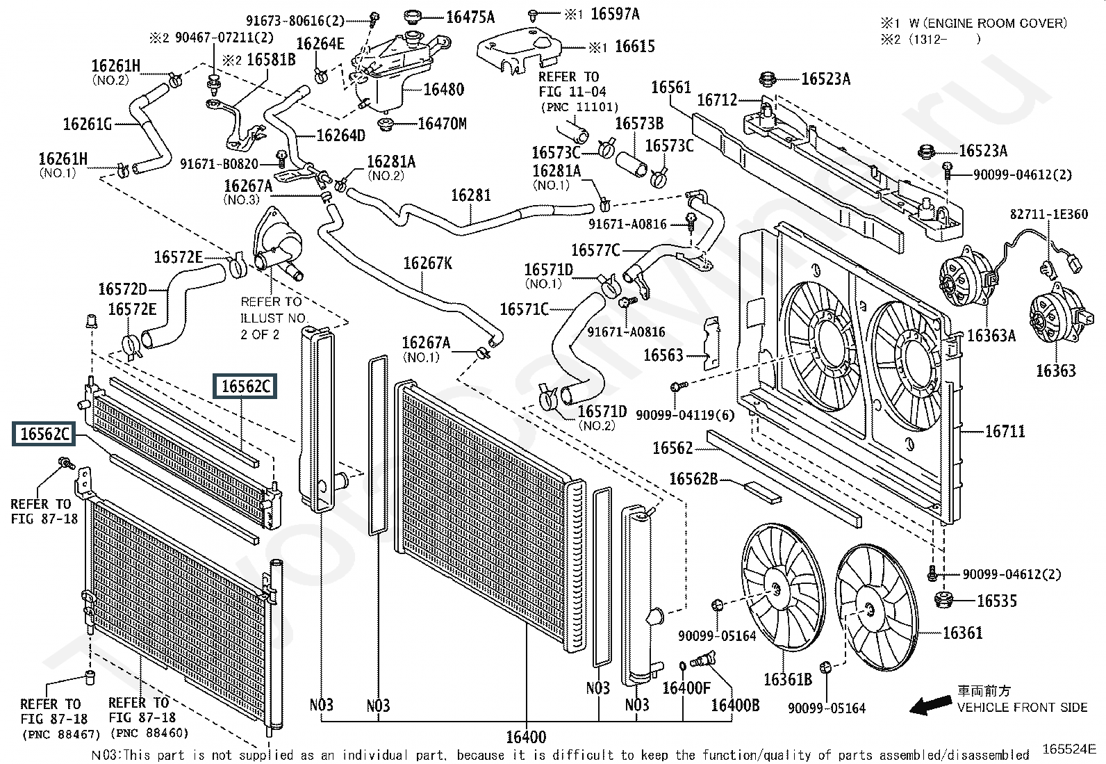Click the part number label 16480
pos(443,89)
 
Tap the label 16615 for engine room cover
pos(635,47)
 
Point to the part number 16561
pos(670,88)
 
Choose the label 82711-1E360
pos(1048,215)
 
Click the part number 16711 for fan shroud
pos(1005,432)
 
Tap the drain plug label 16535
pos(996,601)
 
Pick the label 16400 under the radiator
pos(526,737)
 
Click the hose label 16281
pos(471,195)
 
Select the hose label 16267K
pos(427,263)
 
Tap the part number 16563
pos(663,355)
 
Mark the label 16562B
pos(693,479)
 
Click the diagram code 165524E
pos(1068,749)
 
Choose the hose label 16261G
pos(87,124)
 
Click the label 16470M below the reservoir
pos(442,124)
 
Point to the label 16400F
pos(686,688)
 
